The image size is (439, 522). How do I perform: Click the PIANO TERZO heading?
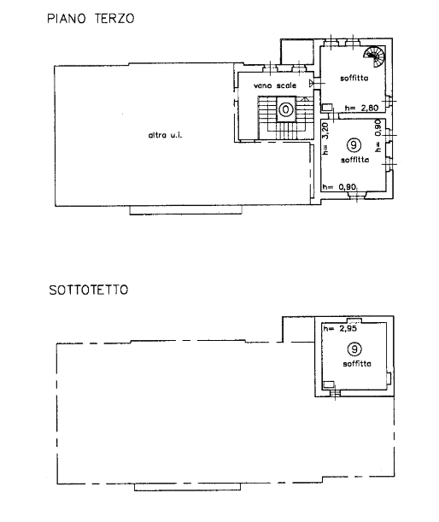91,18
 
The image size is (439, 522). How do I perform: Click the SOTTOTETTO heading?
89,290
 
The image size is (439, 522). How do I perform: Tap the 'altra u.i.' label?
165,135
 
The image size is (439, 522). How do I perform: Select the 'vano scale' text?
275,85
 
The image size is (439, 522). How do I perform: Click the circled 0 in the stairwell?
285,109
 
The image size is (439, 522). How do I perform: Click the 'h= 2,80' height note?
361,108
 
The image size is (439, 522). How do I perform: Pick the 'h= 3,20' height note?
325,138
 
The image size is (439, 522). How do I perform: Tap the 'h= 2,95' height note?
340,329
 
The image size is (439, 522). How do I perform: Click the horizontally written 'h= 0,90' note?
339,187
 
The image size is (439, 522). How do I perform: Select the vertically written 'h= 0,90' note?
378,136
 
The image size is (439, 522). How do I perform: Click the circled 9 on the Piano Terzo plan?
354,145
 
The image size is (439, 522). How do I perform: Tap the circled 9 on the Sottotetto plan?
354,349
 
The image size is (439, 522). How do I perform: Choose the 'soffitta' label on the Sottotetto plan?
357,364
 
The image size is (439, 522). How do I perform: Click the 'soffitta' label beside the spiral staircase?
354,79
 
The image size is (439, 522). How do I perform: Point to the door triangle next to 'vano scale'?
311,83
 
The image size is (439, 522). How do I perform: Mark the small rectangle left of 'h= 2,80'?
327,108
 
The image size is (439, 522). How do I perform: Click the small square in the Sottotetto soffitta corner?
329,384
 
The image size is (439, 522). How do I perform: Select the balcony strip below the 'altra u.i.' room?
185,210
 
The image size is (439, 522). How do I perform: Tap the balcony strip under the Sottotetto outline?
187,487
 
